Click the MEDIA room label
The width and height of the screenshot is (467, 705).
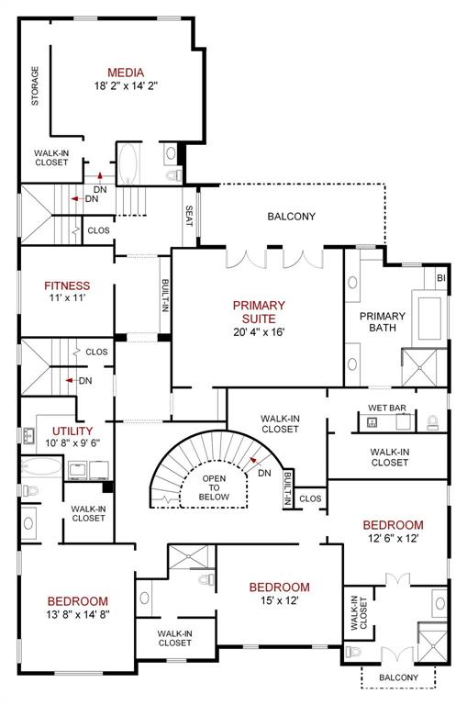pos(126,73)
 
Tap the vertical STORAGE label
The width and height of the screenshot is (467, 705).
pos(36,85)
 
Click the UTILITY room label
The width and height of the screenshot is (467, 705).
pos(72,430)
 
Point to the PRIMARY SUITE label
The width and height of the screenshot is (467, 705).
pos(258,311)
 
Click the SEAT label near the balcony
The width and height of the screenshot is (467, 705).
pos(189,216)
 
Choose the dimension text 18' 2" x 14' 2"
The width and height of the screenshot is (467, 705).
pos(126,86)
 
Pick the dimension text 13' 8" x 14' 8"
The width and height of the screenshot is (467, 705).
pos(77,615)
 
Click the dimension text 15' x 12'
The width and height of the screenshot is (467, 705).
pos(279,601)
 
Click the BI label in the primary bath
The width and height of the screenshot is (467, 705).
pos(440,277)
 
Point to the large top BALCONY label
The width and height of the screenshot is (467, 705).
pos(291,217)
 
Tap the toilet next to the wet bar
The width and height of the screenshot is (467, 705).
pos(433,423)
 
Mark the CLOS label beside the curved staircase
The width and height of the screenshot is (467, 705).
pos(310,499)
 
